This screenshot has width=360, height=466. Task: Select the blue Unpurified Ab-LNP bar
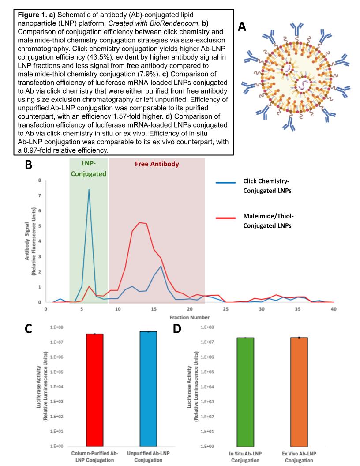pyautogui.click(x=149, y=388)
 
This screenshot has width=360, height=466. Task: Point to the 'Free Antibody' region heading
pyautogui.click(x=157, y=164)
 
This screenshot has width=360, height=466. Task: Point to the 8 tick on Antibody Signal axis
pyautogui.click(x=40, y=180)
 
